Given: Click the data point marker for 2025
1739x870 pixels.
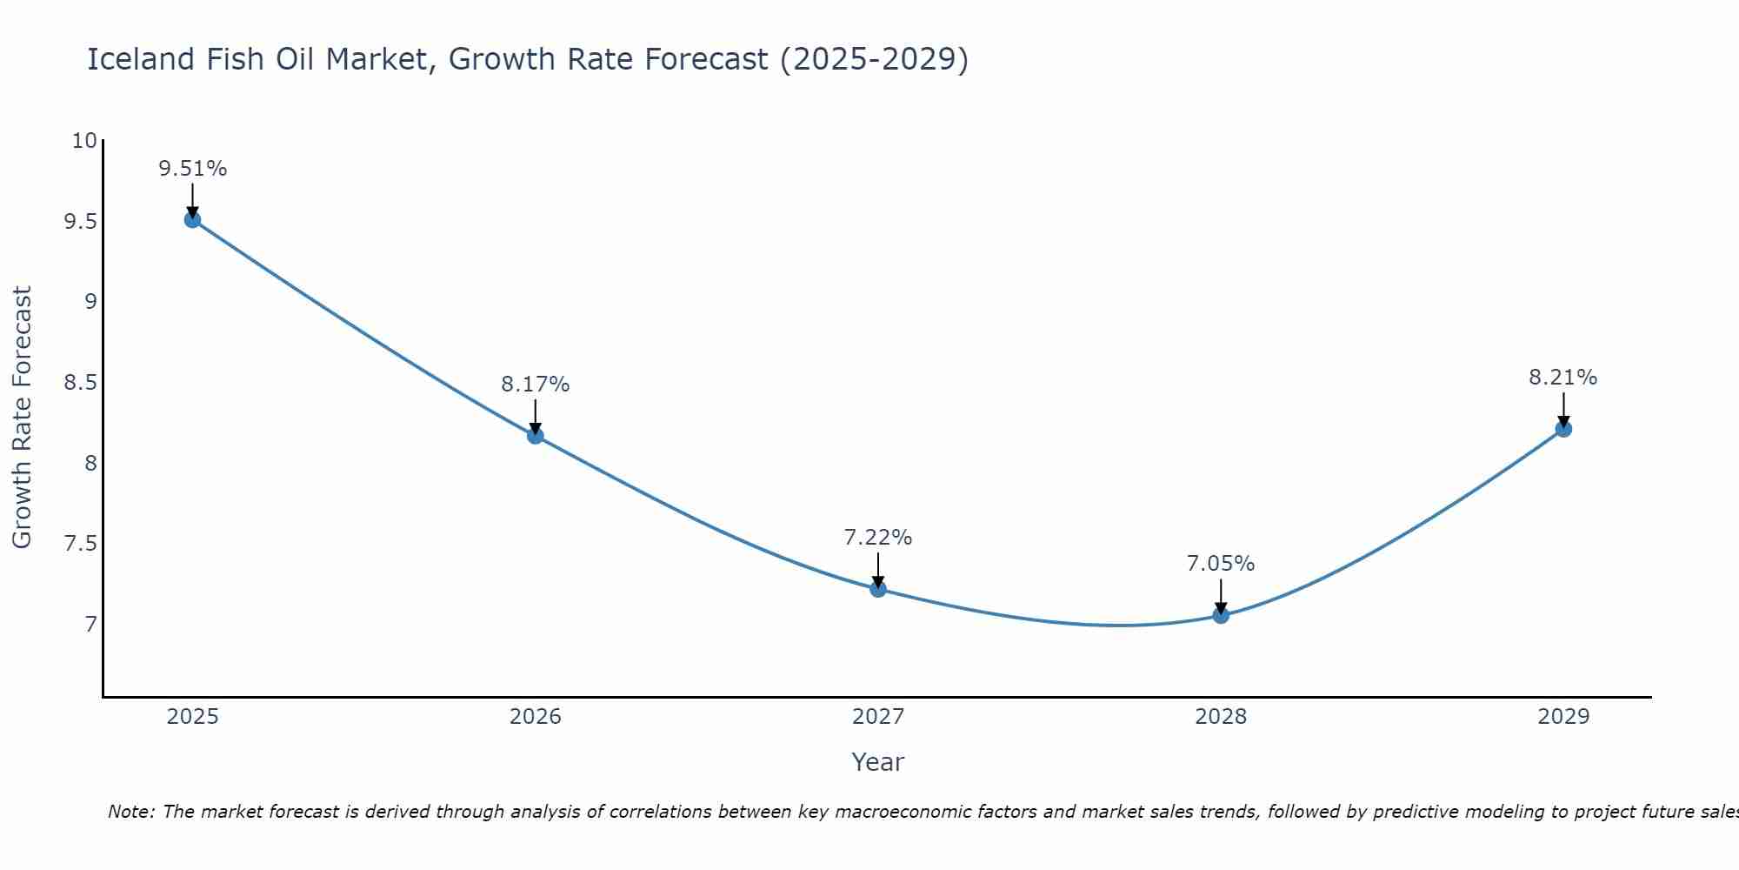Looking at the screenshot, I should coord(192,219).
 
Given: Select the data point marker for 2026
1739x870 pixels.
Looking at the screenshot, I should coord(536,435).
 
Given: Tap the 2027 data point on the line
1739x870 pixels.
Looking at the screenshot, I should coord(878,589).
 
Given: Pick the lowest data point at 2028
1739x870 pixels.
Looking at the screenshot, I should coord(1221,615).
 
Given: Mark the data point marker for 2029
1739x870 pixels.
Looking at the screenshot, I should coord(1563,428).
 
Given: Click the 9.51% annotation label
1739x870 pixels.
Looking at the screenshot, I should coord(192,169).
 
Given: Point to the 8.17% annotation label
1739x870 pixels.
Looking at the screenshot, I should coord(536,385).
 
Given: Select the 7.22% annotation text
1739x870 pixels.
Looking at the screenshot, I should coord(878,538).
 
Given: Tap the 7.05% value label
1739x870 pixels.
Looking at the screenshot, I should coord(1221,564).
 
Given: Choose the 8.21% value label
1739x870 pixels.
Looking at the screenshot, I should coord(1563,378).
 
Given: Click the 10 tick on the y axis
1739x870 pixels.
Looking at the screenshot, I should coord(84,141).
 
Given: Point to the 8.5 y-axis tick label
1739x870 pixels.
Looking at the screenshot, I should coord(80,383).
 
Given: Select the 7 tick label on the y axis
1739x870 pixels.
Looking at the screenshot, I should coord(90,625).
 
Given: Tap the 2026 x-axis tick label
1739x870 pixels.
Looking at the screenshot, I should coord(536,717).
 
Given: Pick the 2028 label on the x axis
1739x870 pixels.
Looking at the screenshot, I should coord(1221,717).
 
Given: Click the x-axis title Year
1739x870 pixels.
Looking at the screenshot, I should coord(878,762).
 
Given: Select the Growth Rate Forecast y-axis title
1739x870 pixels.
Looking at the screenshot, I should coord(22,418).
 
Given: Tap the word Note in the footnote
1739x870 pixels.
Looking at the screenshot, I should coord(130,812).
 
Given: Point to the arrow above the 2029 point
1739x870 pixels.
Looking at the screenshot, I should coord(1563,409).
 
